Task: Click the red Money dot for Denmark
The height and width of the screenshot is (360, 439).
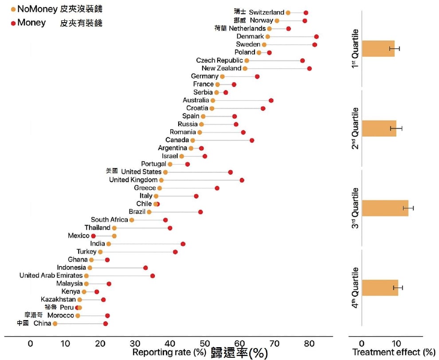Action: point(316,36)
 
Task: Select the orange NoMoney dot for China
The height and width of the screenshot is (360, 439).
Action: point(55,324)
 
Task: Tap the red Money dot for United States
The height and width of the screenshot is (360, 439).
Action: point(230,172)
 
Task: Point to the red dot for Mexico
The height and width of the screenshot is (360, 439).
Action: point(94,236)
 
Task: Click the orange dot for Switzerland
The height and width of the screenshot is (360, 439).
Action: point(288,12)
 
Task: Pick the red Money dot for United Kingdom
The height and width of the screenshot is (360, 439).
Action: point(242,180)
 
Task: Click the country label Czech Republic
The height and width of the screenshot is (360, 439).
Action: point(219,60)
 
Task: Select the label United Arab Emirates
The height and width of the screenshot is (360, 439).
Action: point(51,276)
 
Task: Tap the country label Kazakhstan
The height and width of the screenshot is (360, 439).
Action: point(59,300)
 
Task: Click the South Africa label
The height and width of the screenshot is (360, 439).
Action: point(110,220)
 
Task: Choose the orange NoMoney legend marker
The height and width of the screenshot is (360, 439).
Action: point(13,9)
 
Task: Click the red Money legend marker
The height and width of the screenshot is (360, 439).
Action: point(13,23)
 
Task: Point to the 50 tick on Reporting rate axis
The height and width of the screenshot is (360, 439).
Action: point(205,343)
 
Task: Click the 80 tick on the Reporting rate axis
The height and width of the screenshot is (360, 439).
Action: point(310,343)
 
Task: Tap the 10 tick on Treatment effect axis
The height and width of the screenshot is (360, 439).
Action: point(396,343)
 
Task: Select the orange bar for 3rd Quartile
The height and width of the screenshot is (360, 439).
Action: point(385,208)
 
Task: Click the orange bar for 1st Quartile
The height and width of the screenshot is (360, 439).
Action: point(378,48)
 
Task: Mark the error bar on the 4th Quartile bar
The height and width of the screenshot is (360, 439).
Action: point(398,288)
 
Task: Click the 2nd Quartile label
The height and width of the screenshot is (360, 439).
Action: point(355,129)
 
